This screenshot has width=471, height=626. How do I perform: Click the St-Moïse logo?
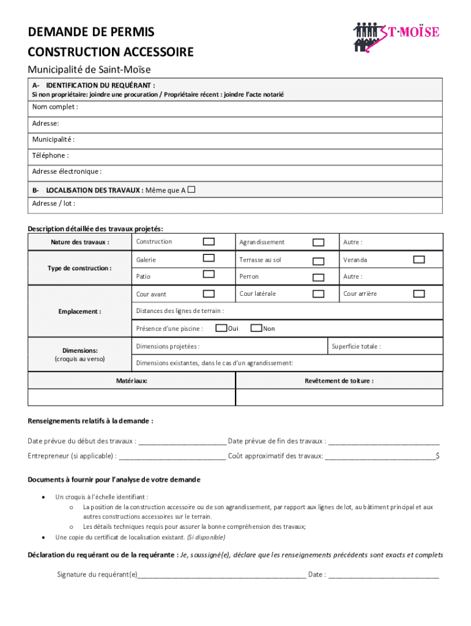tap(396, 36)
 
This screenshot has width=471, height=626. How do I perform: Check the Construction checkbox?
tap(209, 241)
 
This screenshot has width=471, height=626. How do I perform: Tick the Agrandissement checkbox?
tap(318, 243)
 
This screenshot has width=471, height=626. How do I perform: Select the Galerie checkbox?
tap(209, 258)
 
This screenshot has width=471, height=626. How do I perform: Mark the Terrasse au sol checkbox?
tap(318, 261)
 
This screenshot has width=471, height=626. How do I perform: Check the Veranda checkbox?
tap(419, 260)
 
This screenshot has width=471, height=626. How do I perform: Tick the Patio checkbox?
tap(209, 274)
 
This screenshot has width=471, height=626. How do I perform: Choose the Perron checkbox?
tap(318, 278)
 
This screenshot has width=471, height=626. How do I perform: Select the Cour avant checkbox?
tap(209, 293)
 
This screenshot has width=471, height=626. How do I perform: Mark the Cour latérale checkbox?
tap(318, 294)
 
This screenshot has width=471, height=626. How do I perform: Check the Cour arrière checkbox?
tap(419, 294)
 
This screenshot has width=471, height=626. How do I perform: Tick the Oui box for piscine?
tap(221, 328)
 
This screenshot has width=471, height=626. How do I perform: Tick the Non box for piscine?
tap(257, 328)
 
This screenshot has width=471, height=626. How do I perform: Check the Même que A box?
tap(191, 190)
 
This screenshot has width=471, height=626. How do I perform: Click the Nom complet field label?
tap(55, 108)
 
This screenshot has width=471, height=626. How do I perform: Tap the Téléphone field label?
tap(50, 155)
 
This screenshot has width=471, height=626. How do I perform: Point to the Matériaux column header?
tap(132, 381)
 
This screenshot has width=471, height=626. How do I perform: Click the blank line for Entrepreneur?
tap(172, 456)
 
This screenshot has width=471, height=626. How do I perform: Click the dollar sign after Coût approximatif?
tap(437, 456)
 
